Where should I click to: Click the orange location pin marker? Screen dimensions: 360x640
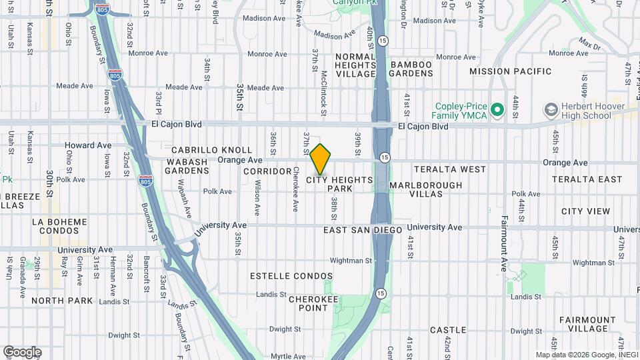click(x=321, y=159)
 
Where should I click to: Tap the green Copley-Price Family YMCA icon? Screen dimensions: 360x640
click(x=497, y=109)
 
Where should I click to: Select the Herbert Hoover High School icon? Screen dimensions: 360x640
click(x=551, y=109)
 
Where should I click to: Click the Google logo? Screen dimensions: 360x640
click(x=22, y=352)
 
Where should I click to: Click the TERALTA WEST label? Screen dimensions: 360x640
click(x=450, y=169)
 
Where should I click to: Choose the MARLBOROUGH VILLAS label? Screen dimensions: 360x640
click(x=425, y=189)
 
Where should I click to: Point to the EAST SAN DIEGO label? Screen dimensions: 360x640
click(x=363, y=230)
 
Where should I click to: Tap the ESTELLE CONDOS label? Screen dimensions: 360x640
click(x=291, y=276)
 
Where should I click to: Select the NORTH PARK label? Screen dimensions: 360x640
click(x=62, y=301)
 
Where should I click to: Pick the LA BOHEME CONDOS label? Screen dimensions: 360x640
click(x=59, y=226)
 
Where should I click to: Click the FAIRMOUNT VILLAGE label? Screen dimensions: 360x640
click(x=587, y=324)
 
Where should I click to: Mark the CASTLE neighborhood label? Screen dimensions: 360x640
click(x=448, y=330)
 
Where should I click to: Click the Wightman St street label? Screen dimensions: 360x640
click(x=350, y=261)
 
